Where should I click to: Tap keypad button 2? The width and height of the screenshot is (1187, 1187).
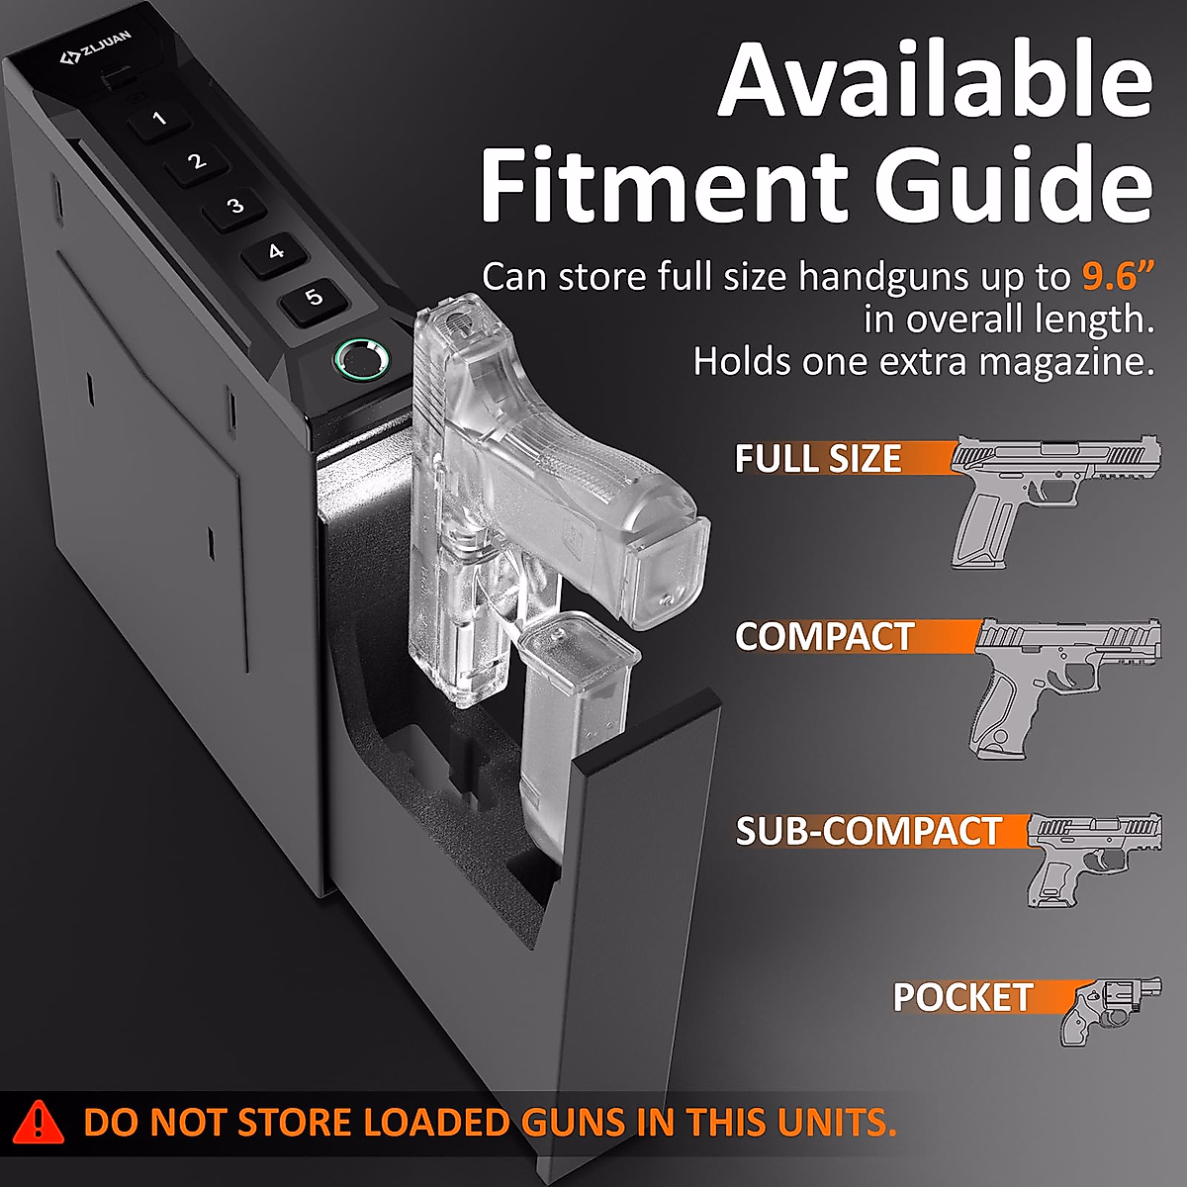[x=197, y=162]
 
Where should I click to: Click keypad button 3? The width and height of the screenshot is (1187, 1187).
[x=235, y=207]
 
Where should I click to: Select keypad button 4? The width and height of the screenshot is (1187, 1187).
[x=275, y=252]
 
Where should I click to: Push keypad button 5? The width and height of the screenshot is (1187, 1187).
[x=314, y=298]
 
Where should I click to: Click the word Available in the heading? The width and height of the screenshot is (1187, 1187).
[x=935, y=81]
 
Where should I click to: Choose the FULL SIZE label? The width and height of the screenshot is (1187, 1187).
[x=818, y=459]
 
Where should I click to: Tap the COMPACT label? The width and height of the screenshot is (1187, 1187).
[x=824, y=637]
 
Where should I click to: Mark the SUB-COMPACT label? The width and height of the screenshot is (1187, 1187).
[x=868, y=831]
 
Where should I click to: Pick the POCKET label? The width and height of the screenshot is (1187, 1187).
[x=962, y=997]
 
